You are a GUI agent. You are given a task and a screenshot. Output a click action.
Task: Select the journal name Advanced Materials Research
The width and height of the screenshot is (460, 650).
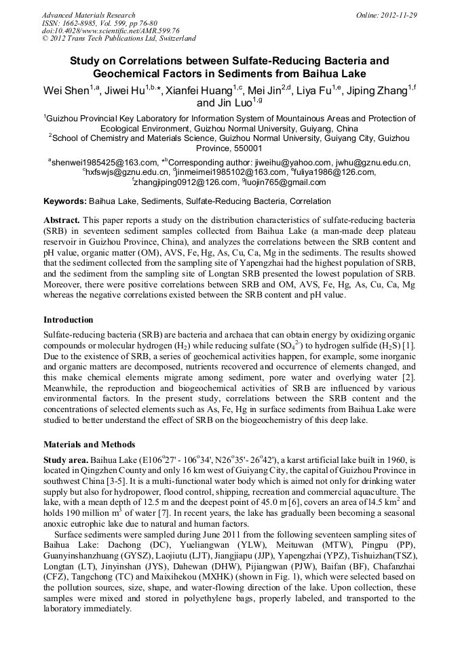pyautogui.click(x=89, y=15)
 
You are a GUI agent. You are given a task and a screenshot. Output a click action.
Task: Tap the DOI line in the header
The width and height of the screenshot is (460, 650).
pyautogui.click(x=111, y=31)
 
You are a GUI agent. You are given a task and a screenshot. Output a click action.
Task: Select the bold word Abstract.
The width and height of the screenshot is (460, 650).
pyautogui.click(x=62, y=221)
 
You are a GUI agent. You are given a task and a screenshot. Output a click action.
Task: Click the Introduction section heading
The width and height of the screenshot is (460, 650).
pyautogui.click(x=69, y=319)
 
